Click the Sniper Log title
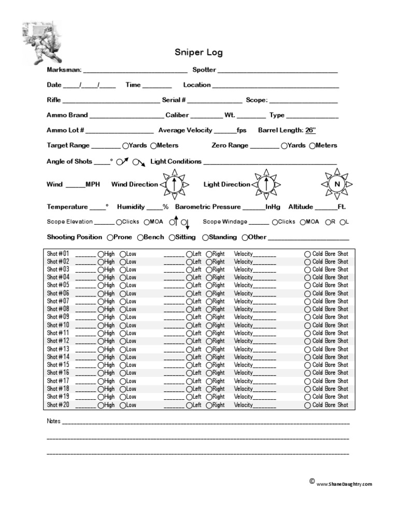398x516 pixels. coord(198,52)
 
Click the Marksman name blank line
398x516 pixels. coord(135,71)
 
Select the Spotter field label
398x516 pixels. coord(204,70)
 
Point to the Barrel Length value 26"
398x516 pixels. coord(310,130)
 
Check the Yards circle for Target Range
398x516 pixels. coord(125,146)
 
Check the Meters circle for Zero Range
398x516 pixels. coord(312,146)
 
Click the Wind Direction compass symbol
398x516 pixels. coord(175,184)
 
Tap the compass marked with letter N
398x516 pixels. coord(337,184)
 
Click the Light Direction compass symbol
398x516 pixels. coord(266,184)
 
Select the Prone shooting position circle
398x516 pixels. coord(110,238)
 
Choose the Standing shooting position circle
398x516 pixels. coord(205,238)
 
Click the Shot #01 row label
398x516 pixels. coord(58,254)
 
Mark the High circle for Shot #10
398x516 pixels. coord(101,325)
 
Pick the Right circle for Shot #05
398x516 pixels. coord(209,286)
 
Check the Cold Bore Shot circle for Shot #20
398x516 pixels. coord(307,405)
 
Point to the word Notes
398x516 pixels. coord(53,421)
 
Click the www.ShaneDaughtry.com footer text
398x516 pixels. coord(344,484)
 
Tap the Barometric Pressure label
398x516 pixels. coord(208,207)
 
